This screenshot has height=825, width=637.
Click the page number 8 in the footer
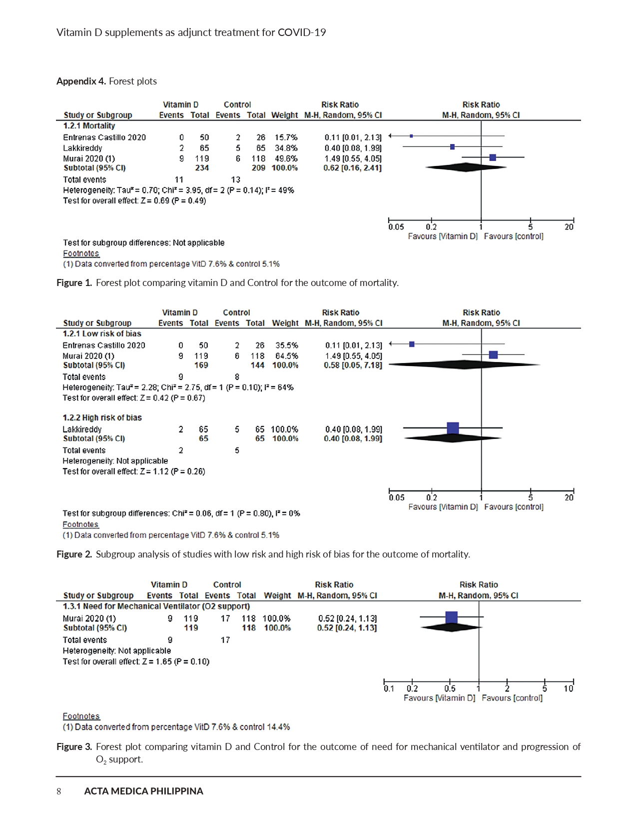click(x=59, y=791)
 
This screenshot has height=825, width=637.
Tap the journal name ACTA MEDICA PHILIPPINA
click(x=143, y=791)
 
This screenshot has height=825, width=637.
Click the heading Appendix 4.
click(x=81, y=81)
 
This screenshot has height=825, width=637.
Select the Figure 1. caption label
click(x=74, y=282)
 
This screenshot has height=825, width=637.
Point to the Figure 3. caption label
click(x=74, y=746)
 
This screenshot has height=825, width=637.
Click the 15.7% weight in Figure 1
click(x=286, y=137)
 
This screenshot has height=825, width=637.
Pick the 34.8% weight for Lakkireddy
click(x=286, y=148)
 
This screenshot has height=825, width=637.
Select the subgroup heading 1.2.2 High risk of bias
click(x=102, y=417)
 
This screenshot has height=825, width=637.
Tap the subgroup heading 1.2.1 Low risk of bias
click(x=101, y=333)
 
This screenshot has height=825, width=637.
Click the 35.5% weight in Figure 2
click(x=286, y=345)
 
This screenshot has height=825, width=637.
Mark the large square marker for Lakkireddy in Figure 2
click(x=453, y=428)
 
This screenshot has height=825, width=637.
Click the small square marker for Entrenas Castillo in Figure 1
click(x=411, y=136)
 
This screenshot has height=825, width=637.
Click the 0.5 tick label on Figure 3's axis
click(x=450, y=688)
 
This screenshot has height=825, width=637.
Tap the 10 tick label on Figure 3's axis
click(x=569, y=688)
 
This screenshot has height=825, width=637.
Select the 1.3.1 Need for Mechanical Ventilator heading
click(x=156, y=606)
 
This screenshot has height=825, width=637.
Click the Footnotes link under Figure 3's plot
click(x=81, y=716)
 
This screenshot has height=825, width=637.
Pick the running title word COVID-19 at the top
click(x=302, y=32)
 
